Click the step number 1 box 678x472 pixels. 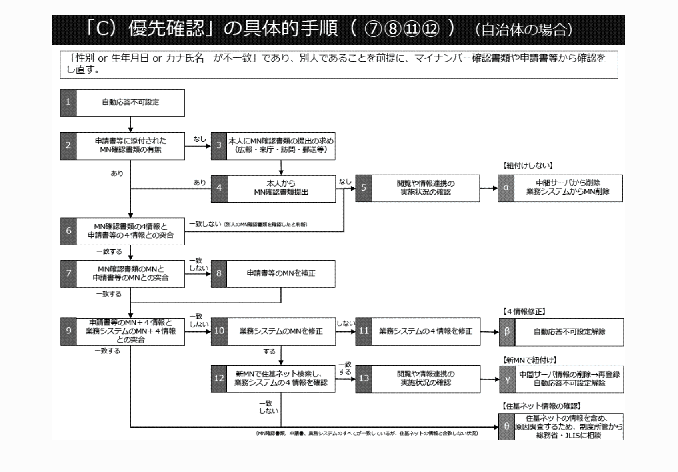[x=68, y=103]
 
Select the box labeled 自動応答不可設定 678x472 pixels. [x=130, y=103]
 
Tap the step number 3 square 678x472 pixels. [x=219, y=146]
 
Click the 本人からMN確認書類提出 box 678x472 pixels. [x=281, y=188]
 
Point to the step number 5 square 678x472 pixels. [x=364, y=188]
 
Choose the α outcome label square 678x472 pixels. [x=506, y=188]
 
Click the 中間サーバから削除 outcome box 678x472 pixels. [x=568, y=188]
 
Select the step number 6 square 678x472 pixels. [x=68, y=231]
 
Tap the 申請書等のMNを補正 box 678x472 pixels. [x=281, y=274]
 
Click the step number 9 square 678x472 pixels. [x=68, y=331]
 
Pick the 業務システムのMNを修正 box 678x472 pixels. [x=281, y=331]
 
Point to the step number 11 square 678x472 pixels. [x=364, y=331]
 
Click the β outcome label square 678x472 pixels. [x=507, y=332]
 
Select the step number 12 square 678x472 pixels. [x=219, y=378]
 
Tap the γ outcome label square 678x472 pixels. [x=508, y=380]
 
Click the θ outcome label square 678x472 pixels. [x=506, y=427]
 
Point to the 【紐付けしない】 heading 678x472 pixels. [x=528, y=165]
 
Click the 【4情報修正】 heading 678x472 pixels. [x=524, y=311]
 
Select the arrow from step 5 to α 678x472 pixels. [x=488, y=188]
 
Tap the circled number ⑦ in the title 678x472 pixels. [x=373, y=30]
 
